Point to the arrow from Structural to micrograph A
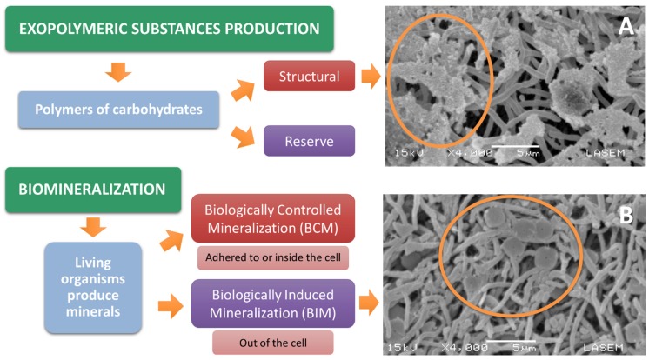point(371,77)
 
